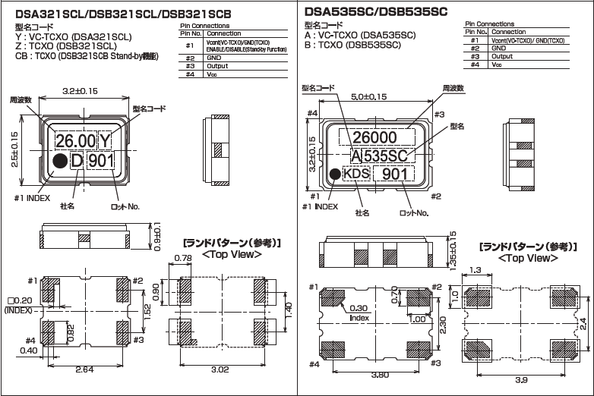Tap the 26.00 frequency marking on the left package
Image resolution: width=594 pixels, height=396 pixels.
pyautogui.click(x=75, y=140)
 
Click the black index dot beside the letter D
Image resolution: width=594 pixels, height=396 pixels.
pyautogui.click(x=58, y=160)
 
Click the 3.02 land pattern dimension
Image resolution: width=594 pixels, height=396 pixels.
pyautogui.click(x=220, y=369)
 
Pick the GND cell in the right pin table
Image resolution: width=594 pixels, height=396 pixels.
pyautogui.click(x=498, y=49)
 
